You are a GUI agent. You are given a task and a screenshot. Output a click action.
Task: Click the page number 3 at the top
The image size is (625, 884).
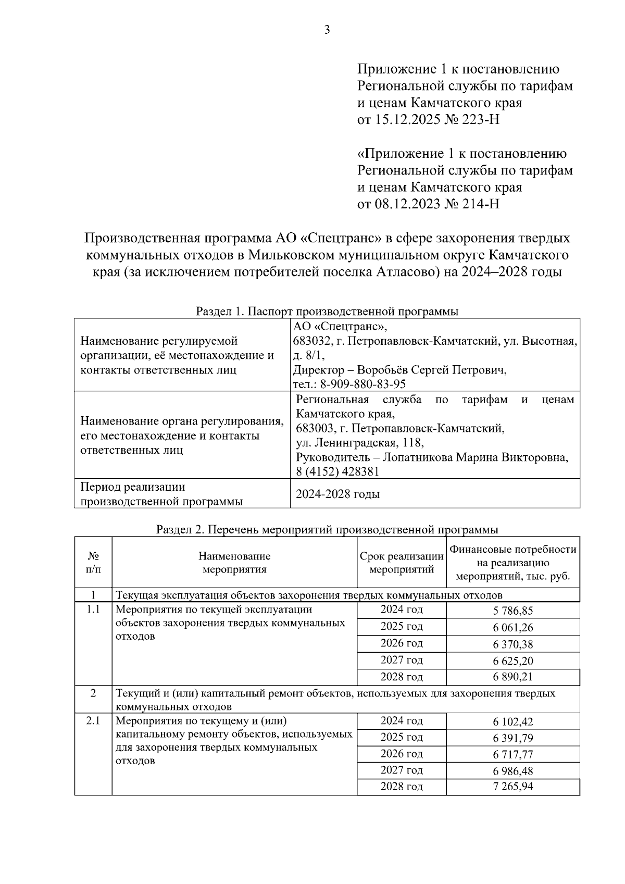pos(327,30)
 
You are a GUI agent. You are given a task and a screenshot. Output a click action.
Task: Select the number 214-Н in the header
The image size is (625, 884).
pos(479,204)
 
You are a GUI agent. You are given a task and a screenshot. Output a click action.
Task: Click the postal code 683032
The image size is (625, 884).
pos(311,342)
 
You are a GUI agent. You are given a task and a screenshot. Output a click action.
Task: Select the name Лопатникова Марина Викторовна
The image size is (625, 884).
pos(475,457)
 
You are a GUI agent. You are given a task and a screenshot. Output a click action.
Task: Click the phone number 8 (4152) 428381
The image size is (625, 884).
pos(337,472)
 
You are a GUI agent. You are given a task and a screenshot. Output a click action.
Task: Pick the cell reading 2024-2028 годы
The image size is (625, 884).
pos(337,494)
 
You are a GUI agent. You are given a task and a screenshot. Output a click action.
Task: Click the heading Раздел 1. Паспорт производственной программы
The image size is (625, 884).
pos(327,312)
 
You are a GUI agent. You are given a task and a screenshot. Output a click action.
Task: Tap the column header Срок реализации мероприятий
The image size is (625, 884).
pos(402,563)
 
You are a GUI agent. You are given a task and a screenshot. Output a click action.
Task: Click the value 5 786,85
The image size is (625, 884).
pos(512,611)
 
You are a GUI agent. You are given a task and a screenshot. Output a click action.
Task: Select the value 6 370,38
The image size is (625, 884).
pos(512,644)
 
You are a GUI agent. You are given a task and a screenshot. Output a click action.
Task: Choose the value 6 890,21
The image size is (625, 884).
pos(512,678)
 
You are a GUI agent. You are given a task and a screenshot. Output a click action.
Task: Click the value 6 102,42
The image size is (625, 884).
pos(512,722)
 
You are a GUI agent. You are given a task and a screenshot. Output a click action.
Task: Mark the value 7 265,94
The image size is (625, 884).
pos(512,787)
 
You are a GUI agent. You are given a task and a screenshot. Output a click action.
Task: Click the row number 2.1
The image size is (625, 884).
pos(93,721)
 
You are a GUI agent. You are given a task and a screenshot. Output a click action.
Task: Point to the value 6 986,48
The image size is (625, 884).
pos(512,771)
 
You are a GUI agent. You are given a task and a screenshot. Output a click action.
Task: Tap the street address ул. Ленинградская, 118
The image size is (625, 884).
pos(359,443)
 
